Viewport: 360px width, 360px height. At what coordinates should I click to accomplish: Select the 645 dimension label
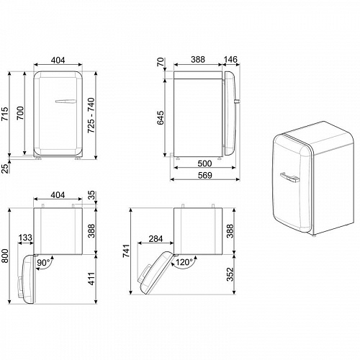[161, 117]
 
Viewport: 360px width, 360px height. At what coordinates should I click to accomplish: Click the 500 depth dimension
[204, 163]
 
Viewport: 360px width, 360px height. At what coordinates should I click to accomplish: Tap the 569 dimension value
[204, 176]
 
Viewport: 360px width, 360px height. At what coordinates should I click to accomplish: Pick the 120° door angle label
[185, 263]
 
